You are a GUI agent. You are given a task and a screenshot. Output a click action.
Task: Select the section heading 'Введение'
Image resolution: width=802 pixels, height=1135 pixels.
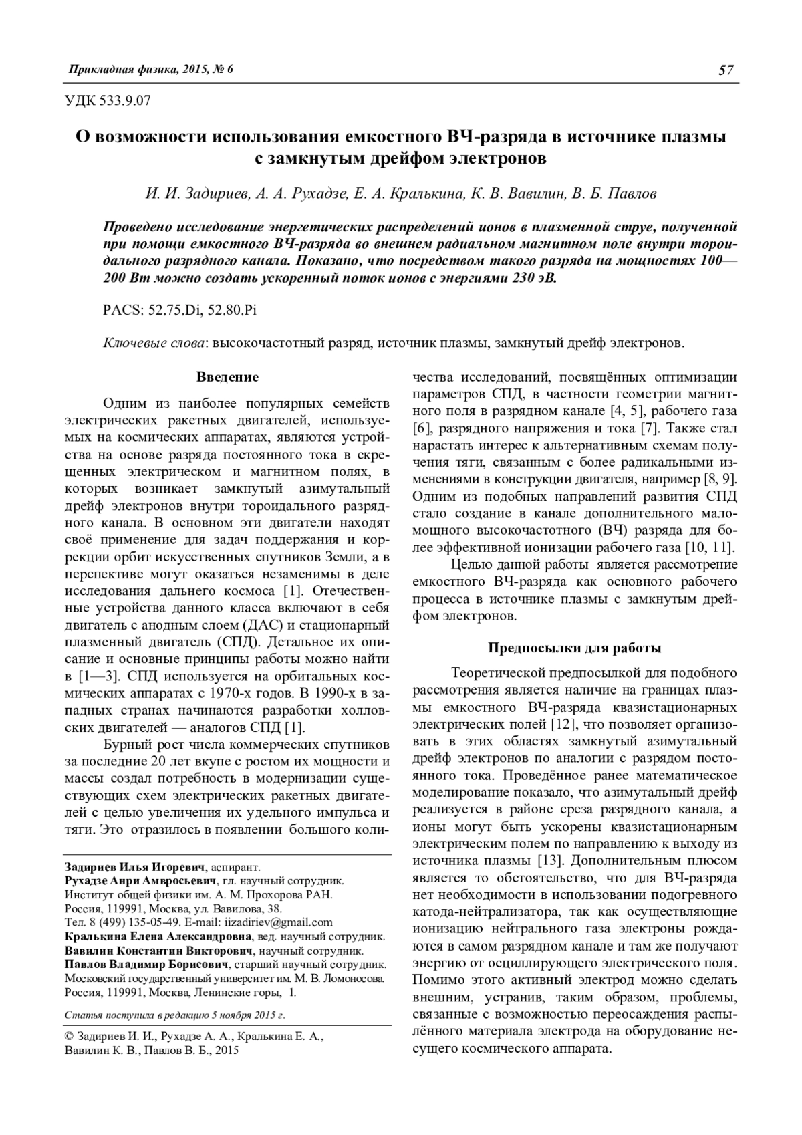[x=227, y=377]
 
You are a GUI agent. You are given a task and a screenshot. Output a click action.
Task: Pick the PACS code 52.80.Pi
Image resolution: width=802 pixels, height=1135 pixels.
[x=231, y=310]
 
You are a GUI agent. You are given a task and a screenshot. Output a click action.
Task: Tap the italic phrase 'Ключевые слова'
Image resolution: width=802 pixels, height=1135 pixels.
[x=154, y=343]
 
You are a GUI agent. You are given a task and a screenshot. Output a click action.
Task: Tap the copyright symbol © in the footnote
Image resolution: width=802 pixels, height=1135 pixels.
[x=68, y=1036]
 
